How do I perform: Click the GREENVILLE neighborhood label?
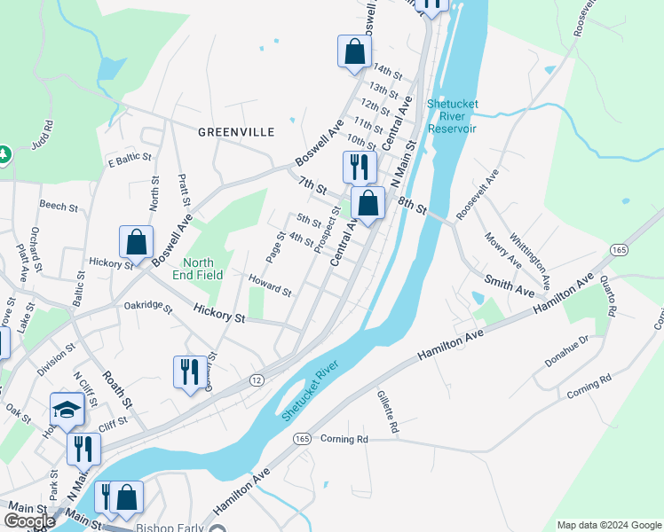235,131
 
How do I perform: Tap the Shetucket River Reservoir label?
453,116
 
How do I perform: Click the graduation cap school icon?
67,410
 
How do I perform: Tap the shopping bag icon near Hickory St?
137,242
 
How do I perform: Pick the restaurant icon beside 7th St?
360,167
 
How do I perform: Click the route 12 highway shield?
257,379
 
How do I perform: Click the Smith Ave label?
510,286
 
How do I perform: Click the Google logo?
29,521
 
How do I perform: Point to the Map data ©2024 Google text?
608,525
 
